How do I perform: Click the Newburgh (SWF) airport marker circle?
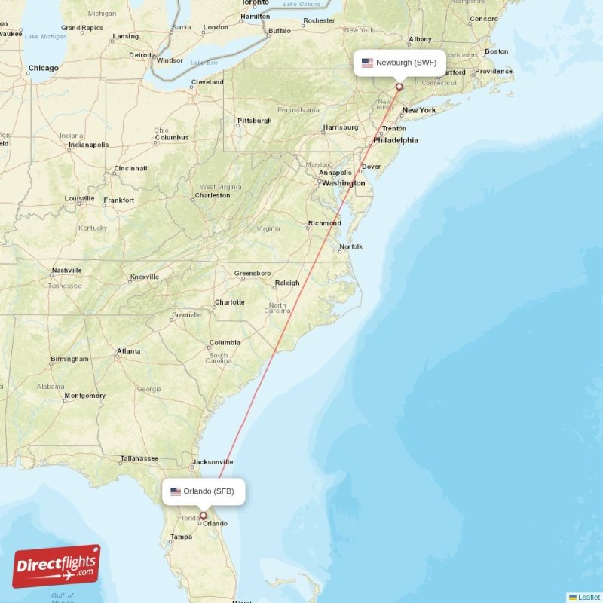click(399, 87)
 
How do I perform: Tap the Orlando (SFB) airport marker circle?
click(203, 516)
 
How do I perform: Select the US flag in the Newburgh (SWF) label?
click(367, 63)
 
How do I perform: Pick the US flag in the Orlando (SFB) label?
click(176, 491)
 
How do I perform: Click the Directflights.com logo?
click(57, 566)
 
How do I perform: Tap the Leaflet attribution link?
click(589, 597)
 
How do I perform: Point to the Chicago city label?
click(43, 69)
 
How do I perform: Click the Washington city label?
click(343, 183)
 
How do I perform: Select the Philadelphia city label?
click(395, 140)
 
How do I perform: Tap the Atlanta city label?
click(128, 351)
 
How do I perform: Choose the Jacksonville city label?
click(212, 461)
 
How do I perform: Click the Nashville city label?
click(66, 271)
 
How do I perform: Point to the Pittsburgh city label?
click(254, 121)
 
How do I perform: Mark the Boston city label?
click(496, 51)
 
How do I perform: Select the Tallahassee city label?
click(139, 458)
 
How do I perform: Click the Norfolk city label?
click(350, 246)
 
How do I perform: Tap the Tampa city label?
click(181, 537)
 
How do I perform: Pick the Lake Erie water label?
click(204, 63)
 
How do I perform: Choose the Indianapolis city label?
click(88, 145)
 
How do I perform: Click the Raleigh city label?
click(287, 283)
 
